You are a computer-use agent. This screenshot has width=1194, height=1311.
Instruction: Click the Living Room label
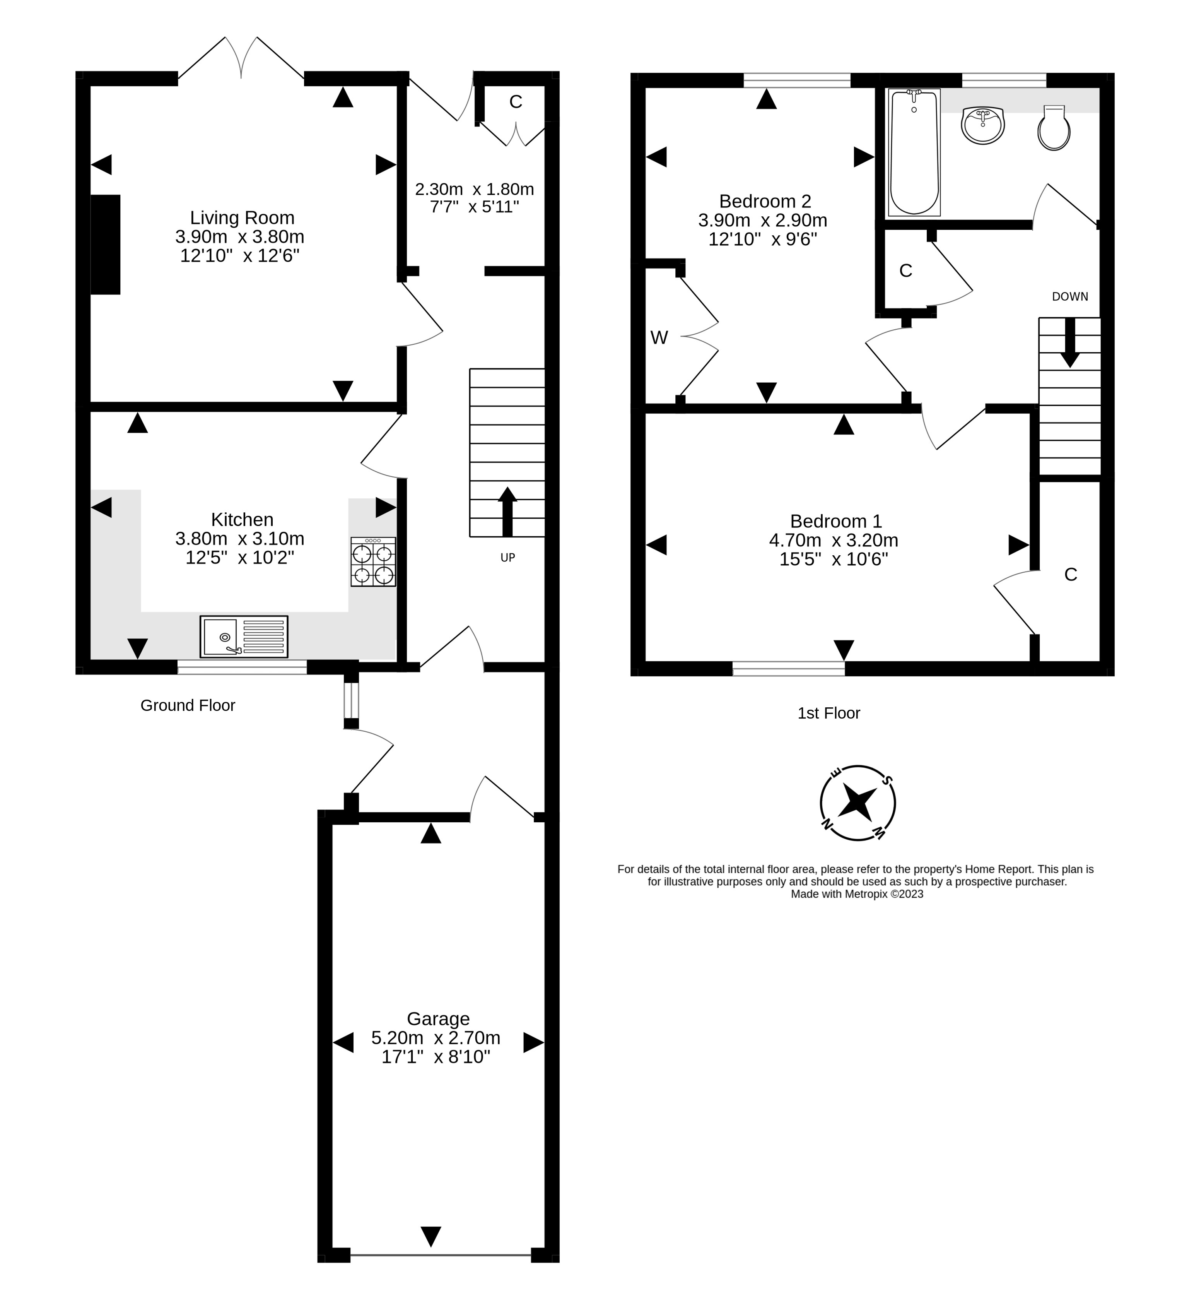(242, 218)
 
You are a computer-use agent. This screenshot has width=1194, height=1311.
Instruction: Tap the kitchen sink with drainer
(244, 637)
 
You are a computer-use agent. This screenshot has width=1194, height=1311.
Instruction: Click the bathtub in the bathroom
(914, 153)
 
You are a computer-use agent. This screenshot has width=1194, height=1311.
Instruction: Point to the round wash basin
(983, 125)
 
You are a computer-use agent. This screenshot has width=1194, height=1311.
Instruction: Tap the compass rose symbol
(857, 803)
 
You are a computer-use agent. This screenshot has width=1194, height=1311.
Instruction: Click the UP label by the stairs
(507, 557)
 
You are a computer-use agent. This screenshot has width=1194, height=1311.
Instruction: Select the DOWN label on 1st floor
(1070, 296)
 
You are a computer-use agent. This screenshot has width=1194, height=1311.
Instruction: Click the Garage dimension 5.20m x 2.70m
(436, 1038)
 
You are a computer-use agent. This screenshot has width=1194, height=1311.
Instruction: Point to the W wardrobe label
(659, 337)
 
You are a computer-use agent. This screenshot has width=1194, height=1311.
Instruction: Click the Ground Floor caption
(188, 705)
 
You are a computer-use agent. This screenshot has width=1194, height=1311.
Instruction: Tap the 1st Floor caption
(829, 714)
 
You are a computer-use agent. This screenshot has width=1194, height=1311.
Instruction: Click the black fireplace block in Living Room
(105, 245)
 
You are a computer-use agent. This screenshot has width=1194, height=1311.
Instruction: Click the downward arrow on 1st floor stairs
(1070, 343)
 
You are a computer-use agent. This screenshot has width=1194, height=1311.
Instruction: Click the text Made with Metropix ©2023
(857, 894)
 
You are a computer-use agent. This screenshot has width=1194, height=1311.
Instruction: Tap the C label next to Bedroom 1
(1071, 574)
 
